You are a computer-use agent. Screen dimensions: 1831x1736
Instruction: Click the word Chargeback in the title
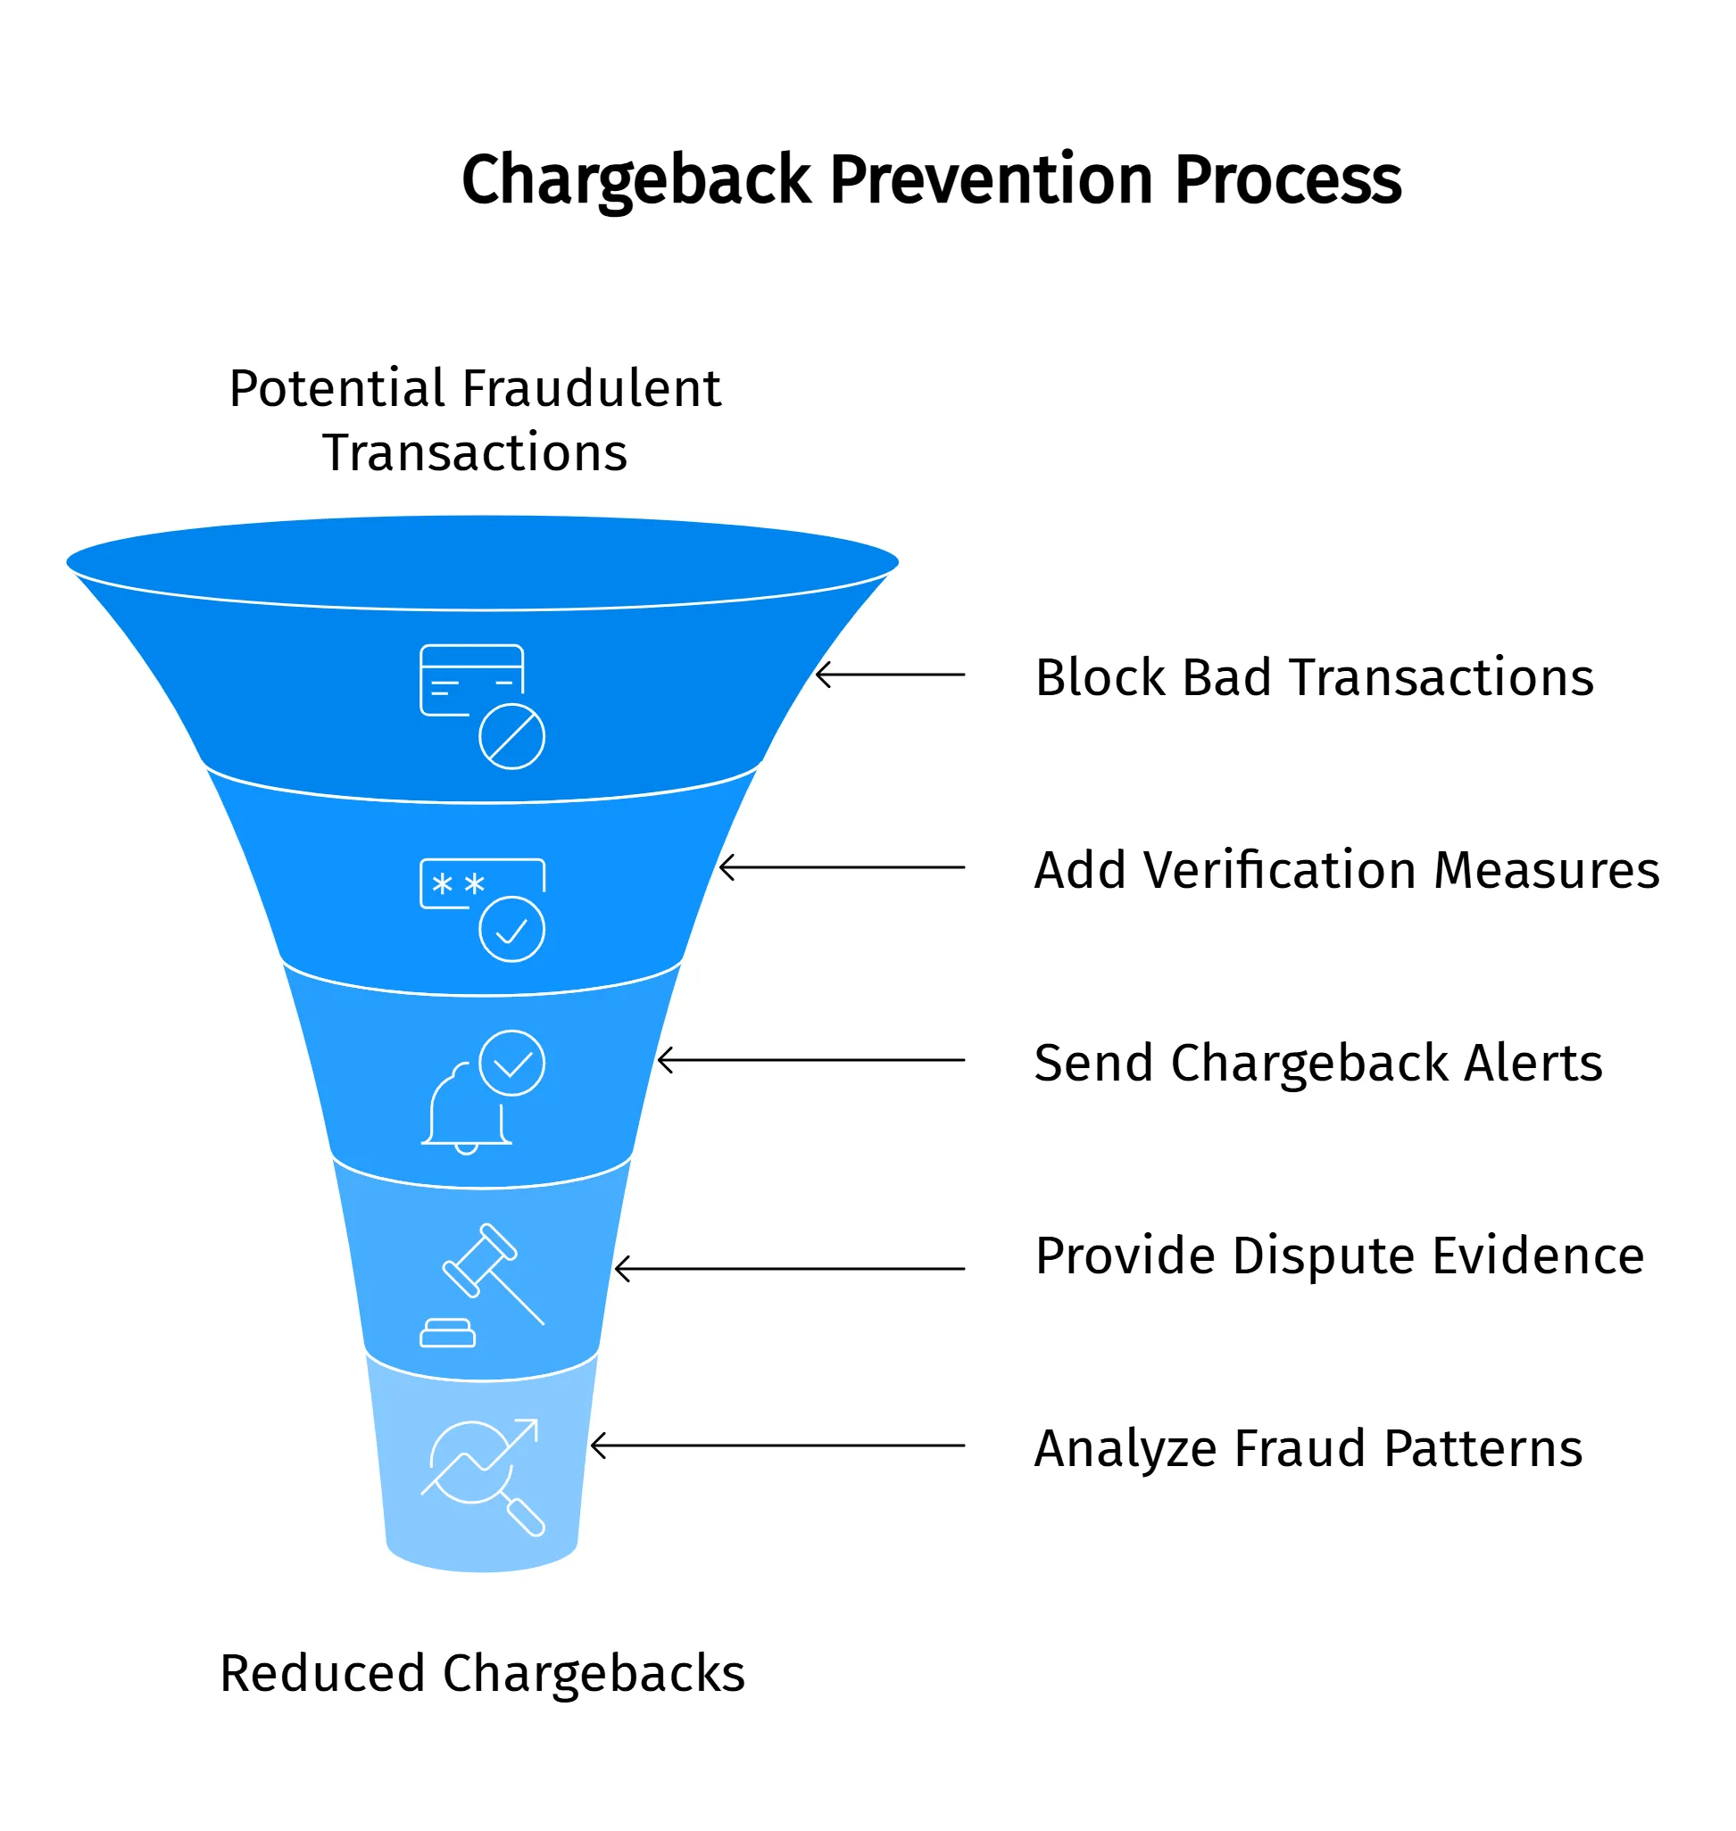tap(635, 180)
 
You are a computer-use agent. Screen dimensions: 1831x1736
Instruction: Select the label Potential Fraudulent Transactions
tap(475, 420)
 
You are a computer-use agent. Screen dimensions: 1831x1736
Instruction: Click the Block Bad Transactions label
tap(1314, 678)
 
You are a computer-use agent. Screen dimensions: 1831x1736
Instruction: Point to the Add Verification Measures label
tap(1347, 871)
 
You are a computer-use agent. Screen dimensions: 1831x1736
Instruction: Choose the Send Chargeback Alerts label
tap(1317, 1063)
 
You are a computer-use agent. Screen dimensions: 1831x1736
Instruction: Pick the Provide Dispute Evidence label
tap(1339, 1256)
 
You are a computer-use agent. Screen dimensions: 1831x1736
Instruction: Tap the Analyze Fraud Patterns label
tap(1308, 1449)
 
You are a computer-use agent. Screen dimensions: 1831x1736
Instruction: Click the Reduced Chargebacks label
tap(482, 1674)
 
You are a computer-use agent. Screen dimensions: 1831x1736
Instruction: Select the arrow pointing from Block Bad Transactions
tap(890, 675)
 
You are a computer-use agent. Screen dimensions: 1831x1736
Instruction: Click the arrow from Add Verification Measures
tap(842, 868)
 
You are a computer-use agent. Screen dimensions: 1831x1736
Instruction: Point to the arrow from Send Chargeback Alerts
tap(810, 1060)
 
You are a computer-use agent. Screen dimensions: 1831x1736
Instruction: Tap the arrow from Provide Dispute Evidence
tap(789, 1270)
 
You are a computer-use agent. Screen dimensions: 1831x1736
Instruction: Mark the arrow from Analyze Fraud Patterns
tap(777, 1446)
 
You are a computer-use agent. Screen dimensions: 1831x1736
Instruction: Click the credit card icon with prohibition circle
tap(482, 706)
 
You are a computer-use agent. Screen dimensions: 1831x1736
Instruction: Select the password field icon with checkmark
tap(482, 909)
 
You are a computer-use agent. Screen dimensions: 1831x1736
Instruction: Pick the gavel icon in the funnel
tap(482, 1284)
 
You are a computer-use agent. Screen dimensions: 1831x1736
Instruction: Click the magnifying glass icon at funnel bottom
tap(482, 1478)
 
